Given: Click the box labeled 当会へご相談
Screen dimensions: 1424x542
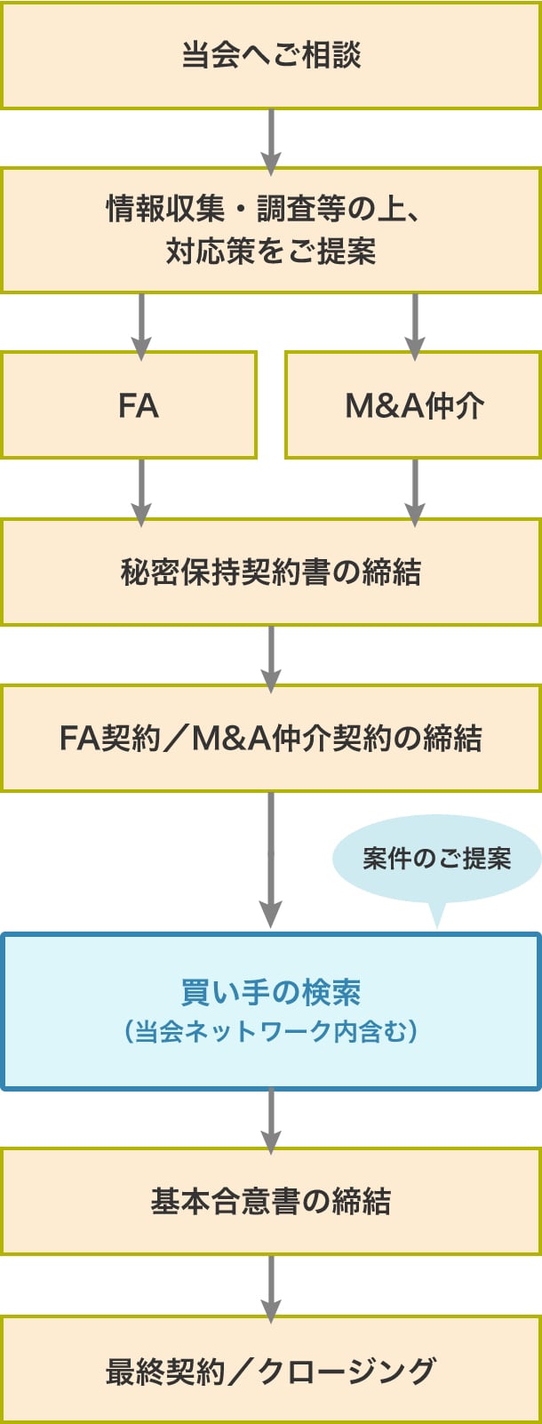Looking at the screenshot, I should [x=271, y=55].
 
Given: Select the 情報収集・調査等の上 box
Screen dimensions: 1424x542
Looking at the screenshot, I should [x=271, y=230].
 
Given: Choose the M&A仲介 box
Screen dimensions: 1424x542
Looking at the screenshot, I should [x=413, y=405].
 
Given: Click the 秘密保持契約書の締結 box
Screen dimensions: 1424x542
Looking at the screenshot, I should [x=271, y=572].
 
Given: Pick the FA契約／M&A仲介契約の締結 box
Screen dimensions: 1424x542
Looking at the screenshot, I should [x=271, y=739].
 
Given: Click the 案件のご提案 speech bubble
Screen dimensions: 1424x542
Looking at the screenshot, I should [x=436, y=859].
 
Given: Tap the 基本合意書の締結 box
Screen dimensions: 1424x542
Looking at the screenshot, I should [x=271, y=1202].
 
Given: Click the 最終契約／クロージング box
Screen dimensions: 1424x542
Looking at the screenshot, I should [x=271, y=1371].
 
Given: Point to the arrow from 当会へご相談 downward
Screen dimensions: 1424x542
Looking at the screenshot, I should [x=271, y=140].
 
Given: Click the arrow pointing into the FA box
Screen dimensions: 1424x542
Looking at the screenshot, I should [x=141, y=324].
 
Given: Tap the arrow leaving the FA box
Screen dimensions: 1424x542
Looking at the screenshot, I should [x=141, y=491].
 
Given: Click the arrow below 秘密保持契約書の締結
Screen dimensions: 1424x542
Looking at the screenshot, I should [x=271, y=657].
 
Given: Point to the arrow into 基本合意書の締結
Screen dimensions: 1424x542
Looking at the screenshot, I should [x=271, y=1120].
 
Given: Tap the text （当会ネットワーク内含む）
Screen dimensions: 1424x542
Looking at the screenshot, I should [x=271, y=1032].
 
